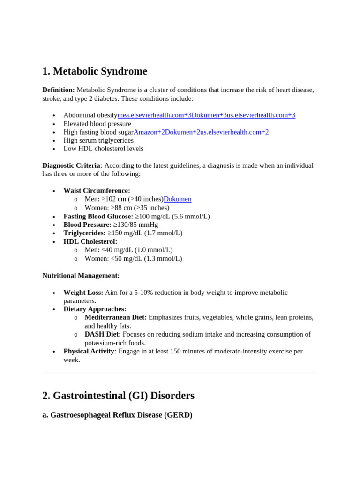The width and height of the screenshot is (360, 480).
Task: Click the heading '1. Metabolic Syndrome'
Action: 94,71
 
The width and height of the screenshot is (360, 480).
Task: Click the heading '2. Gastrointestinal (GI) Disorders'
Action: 118,396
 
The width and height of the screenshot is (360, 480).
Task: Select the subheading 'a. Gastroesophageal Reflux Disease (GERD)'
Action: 117,415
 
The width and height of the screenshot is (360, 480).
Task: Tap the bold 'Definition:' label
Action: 59,90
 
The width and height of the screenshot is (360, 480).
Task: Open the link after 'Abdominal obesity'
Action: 206,115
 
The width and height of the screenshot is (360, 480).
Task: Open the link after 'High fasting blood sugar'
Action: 201,132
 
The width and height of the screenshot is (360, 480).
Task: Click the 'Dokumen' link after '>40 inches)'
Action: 177,199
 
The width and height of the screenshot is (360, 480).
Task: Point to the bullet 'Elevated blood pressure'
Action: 97,124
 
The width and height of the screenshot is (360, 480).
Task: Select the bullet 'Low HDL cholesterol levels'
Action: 104,149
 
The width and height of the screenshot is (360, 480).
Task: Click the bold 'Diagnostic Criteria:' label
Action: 72,165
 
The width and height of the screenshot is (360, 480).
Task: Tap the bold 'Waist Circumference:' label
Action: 97,191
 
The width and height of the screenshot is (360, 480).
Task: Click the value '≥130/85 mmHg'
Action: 135,225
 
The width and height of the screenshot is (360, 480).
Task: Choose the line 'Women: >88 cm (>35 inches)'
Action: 127,208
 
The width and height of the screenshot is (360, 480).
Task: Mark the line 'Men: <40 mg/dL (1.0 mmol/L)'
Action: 128,250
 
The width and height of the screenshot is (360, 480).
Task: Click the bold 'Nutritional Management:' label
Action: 81,276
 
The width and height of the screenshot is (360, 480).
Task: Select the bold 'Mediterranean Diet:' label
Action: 115,317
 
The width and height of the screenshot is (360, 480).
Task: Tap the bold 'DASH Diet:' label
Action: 103,334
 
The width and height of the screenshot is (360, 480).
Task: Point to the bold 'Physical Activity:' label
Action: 90,351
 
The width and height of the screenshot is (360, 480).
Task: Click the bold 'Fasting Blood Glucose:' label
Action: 98,216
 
